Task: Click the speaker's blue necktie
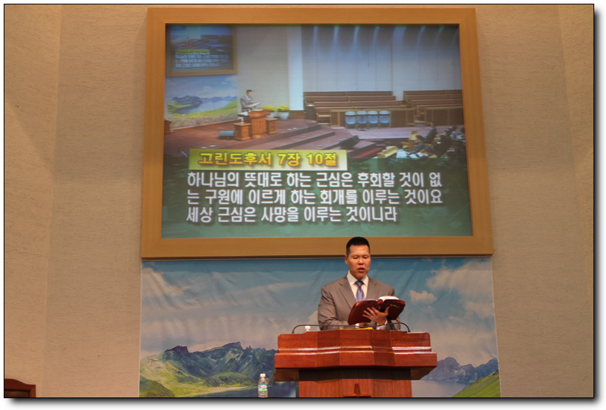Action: click(x=359, y=291)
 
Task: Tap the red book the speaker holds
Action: click(x=376, y=309)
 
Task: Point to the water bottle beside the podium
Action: click(x=263, y=386)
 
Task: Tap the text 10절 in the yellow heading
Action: click(x=321, y=159)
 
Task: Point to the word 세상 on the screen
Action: click(x=200, y=215)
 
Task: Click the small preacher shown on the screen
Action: click(x=247, y=102)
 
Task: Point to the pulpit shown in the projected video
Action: click(x=256, y=125)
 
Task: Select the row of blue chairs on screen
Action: click(x=367, y=119)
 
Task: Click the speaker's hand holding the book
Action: click(x=376, y=316)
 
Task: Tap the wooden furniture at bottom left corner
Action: click(x=20, y=389)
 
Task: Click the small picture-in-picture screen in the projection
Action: click(x=201, y=49)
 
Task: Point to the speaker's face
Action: click(x=358, y=260)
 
